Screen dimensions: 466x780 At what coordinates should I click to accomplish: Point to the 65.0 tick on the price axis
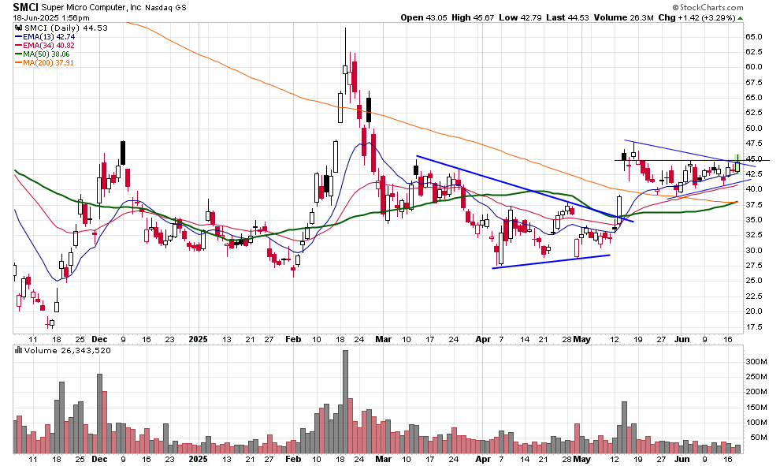[755, 36]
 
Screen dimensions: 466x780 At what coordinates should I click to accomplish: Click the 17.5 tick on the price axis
[755, 326]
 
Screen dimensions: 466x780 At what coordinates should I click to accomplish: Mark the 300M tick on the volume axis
[756, 361]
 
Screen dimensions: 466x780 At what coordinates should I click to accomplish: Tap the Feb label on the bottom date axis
[292, 458]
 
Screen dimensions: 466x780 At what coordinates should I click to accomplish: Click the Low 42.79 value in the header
[519, 17]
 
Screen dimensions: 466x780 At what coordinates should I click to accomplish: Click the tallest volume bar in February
[345, 402]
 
